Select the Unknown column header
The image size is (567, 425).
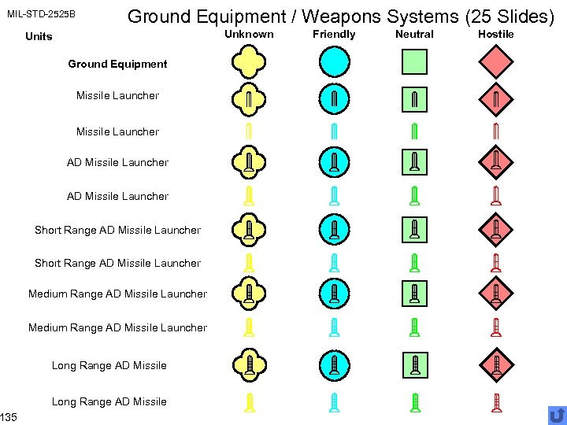[249, 34]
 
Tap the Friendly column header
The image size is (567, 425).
[334, 34]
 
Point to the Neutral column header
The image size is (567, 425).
[414, 34]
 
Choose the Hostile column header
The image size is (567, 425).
[496, 34]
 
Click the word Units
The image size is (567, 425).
[39, 36]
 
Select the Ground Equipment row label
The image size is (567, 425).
[117, 64]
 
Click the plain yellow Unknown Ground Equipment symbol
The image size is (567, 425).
[249, 61]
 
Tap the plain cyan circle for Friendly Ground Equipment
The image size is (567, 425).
[334, 61]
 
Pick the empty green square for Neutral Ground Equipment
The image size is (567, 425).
[414, 61]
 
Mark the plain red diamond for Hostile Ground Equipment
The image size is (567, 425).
[496, 61]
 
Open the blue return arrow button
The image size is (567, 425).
[557, 415]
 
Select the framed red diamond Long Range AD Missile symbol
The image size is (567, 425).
[496, 364]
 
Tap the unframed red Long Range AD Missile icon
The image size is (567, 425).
[496, 401]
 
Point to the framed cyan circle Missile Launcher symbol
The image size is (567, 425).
[334, 98]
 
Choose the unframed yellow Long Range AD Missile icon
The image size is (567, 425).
[249, 401]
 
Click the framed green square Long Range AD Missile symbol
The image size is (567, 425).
[414, 364]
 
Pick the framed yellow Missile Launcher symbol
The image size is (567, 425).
[249, 98]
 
